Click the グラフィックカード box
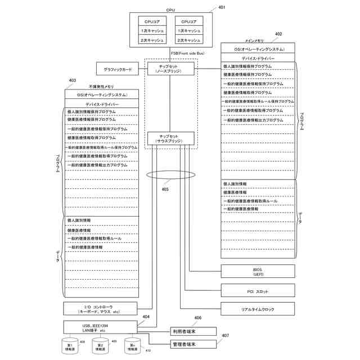tap(118, 70)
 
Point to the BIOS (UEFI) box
tap(258, 272)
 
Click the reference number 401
tap(221, 7)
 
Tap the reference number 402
tap(278, 34)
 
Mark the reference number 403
tap(72, 80)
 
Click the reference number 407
tap(226, 336)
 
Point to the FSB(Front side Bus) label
tap(188, 53)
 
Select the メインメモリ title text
tap(254, 42)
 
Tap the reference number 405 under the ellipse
tap(165, 190)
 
